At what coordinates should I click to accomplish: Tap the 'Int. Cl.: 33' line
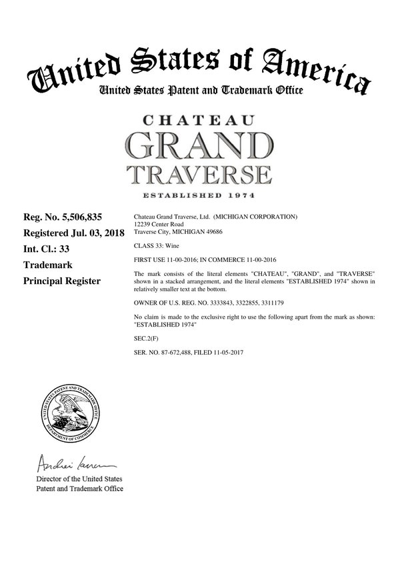pyautogui.click(x=47, y=249)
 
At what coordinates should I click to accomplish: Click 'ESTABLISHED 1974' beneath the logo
pyautogui.click(x=199, y=195)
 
